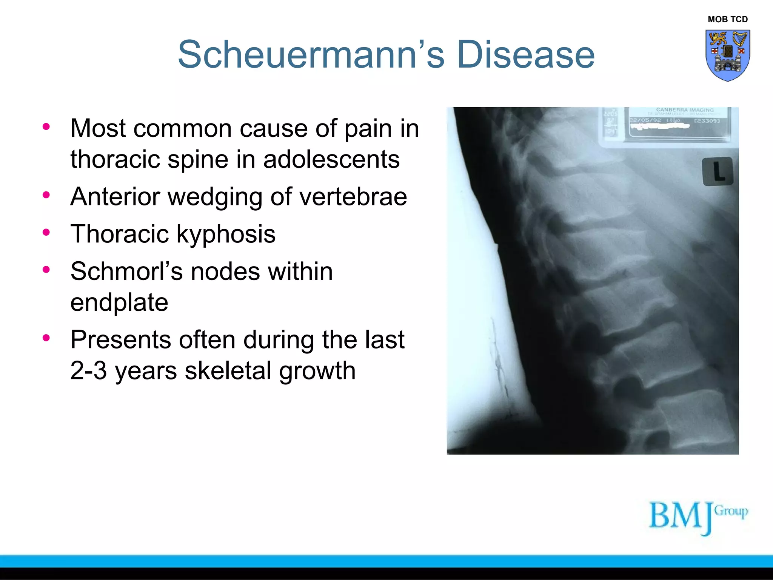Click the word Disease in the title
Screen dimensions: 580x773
coord(525,55)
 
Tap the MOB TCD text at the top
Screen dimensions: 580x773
coord(727,19)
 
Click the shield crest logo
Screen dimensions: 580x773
coord(727,55)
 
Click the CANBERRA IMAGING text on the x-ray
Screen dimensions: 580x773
coord(685,110)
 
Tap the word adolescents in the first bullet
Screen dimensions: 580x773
coord(331,159)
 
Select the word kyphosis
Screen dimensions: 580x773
coord(226,234)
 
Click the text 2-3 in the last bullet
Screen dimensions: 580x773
coord(88,370)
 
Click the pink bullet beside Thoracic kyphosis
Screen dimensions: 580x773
coord(46,232)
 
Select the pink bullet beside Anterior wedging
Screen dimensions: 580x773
coord(46,195)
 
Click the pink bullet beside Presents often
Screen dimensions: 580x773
coord(46,338)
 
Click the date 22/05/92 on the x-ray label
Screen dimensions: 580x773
coord(645,120)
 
